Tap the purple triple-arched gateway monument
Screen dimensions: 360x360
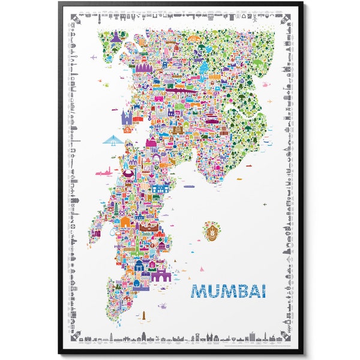tap(160, 277)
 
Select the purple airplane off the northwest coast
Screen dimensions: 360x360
tap(94, 58)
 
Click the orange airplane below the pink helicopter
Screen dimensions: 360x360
tap(265, 205)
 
